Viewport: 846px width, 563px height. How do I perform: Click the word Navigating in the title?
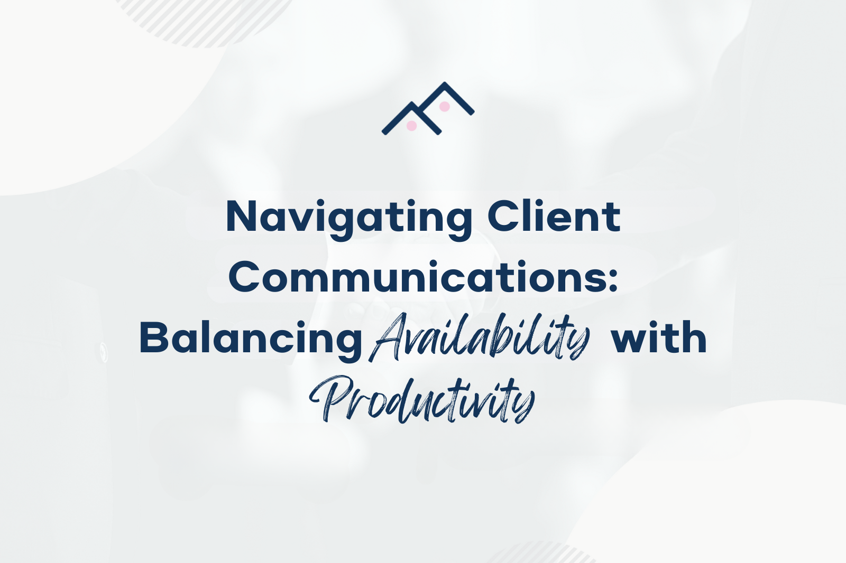[349, 218]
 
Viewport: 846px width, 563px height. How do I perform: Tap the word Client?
[554, 217]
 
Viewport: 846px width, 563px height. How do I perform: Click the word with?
[659, 338]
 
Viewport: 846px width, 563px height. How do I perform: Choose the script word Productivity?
[422, 399]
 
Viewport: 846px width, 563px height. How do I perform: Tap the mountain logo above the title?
[428, 108]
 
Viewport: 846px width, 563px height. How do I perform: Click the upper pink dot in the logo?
[445, 107]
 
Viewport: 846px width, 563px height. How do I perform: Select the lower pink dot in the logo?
[411, 126]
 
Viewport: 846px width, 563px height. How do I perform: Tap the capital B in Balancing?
[154, 338]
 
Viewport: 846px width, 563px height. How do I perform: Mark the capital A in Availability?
[389, 338]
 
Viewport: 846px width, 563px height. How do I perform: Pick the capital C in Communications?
[246, 277]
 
